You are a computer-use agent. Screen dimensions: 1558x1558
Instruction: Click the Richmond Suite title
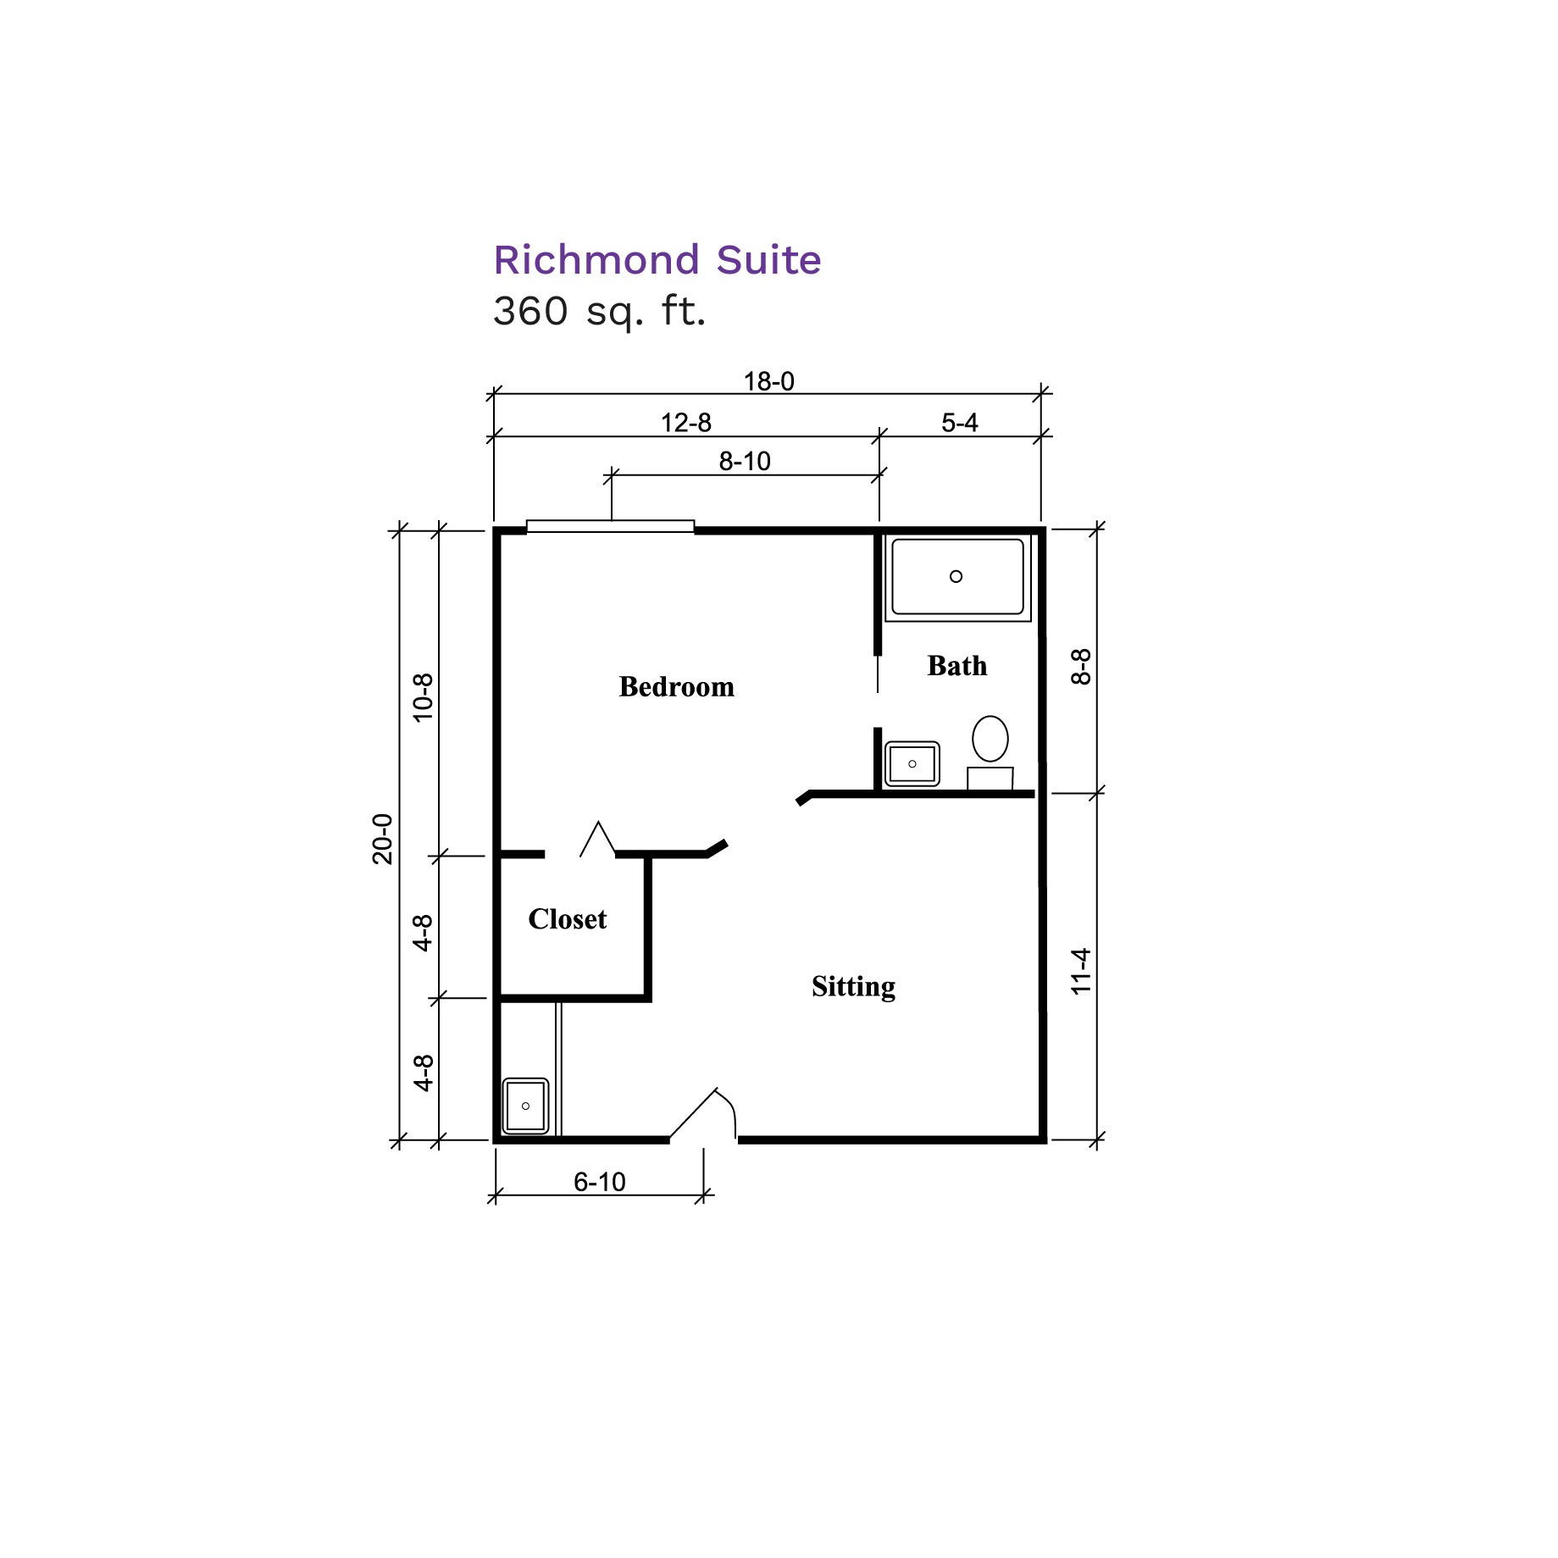[x=657, y=260]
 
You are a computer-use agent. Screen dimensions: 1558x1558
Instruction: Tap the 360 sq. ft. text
[x=600, y=311]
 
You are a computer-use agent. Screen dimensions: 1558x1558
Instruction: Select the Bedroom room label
[x=677, y=686]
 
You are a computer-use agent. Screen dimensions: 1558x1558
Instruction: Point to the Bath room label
[x=957, y=666]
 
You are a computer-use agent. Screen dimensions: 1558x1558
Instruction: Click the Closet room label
[x=568, y=919]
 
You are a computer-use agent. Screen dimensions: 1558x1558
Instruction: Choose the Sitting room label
[x=854, y=987]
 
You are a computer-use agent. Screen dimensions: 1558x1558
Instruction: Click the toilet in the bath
[x=990, y=753]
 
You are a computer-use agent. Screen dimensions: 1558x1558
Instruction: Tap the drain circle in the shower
[x=956, y=577]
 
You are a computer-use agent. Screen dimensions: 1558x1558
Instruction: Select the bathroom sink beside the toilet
[x=912, y=764]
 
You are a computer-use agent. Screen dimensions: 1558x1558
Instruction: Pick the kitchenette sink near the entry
[x=526, y=1106]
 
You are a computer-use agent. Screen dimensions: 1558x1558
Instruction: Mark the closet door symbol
[x=598, y=839]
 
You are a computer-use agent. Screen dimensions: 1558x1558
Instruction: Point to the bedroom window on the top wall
[x=611, y=527]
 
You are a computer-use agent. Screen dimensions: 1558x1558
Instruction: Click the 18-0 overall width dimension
[x=769, y=382]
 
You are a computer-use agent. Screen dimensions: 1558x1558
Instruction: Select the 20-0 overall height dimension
[x=383, y=839]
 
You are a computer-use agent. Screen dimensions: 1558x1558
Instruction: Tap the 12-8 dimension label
[x=686, y=423]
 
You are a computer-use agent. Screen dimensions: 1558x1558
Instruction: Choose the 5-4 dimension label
[x=960, y=423]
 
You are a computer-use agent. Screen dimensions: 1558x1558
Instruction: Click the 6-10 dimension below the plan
[x=600, y=1182]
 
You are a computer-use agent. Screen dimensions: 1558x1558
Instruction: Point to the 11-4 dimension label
[x=1081, y=971]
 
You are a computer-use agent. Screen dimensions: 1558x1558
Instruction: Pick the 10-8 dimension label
[x=423, y=697]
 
